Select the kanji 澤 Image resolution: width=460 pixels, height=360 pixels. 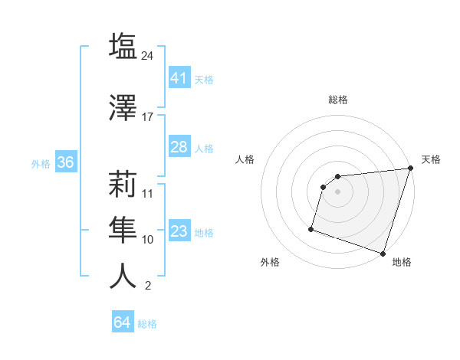[x=123, y=106]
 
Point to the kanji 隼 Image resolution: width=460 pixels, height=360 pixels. [x=123, y=228]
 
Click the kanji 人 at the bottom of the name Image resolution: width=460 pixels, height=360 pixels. [x=123, y=276]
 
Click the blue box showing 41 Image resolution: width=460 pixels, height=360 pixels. [x=179, y=78]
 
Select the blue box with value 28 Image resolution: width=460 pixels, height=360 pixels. [x=179, y=147]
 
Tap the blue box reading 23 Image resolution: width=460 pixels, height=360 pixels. [x=179, y=232]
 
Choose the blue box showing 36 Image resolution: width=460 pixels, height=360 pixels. [x=65, y=163]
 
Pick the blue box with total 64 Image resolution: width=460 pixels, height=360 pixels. [x=123, y=322]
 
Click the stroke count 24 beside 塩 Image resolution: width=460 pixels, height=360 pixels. [x=148, y=55]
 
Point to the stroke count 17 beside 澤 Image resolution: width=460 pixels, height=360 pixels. [x=148, y=116]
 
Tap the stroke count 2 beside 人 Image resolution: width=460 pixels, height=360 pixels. [x=148, y=286]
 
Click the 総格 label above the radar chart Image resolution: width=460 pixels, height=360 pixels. [x=338, y=100]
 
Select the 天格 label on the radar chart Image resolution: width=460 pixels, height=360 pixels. [x=431, y=159]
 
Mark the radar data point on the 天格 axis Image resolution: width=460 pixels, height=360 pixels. [x=410, y=169]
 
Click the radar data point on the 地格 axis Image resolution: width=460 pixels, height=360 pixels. [x=383, y=253]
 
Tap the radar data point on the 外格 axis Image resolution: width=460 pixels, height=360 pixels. [x=311, y=228]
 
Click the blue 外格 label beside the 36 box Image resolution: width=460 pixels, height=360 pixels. [x=41, y=163]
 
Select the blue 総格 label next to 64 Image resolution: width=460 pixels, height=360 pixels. [x=147, y=324]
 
